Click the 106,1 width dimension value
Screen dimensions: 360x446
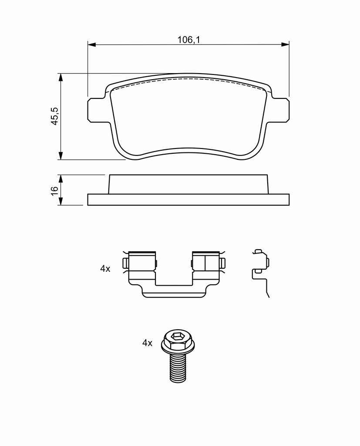(x=189, y=40)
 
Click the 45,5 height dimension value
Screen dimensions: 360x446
(x=54, y=116)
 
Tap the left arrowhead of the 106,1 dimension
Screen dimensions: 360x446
(x=91, y=44)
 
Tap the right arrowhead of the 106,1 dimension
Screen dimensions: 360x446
(x=285, y=44)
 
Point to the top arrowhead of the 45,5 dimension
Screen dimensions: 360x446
(x=60, y=78)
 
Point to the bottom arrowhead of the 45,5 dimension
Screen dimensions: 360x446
(x=60, y=155)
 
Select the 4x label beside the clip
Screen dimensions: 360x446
(x=105, y=268)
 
